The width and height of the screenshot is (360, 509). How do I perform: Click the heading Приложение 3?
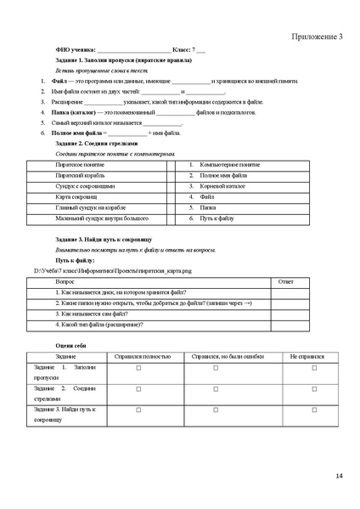click(x=318, y=37)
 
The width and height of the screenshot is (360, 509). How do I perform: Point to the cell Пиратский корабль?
click(x=80, y=174)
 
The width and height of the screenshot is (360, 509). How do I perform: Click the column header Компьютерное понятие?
click(x=229, y=163)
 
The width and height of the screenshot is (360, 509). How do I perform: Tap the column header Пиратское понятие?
click(x=80, y=163)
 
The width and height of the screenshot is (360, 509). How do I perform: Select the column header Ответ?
click(x=286, y=280)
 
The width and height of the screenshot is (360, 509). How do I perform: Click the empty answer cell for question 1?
click(x=286, y=291)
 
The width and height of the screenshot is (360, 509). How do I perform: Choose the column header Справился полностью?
click(x=138, y=355)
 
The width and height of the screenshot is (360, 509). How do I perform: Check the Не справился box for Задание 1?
click(x=314, y=368)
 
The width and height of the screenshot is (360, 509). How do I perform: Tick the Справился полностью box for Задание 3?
click(x=138, y=410)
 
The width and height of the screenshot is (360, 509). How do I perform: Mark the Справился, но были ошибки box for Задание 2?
click(x=216, y=389)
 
